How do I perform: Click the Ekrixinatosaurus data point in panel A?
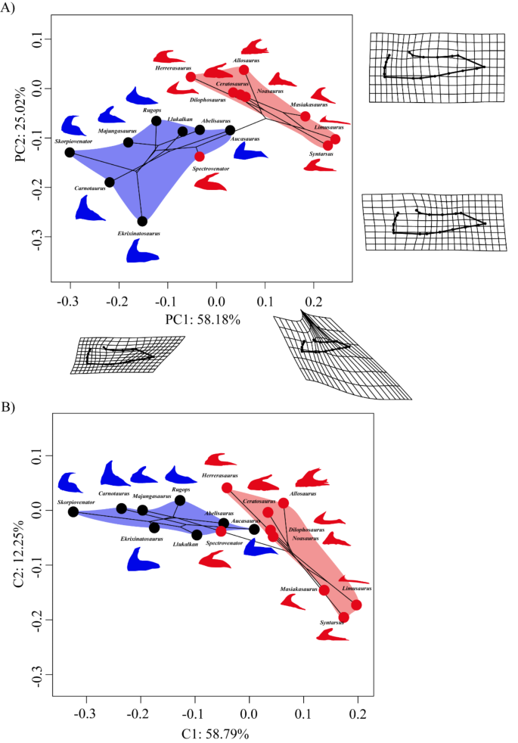(x=142, y=221)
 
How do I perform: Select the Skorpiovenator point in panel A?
(x=70, y=152)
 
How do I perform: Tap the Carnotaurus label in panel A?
(x=89, y=188)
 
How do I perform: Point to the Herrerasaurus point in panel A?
(x=191, y=76)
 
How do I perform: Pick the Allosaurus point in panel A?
(x=243, y=70)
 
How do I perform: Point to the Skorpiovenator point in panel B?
(x=73, y=511)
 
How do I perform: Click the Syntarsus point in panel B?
(x=343, y=617)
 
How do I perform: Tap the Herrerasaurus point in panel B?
(x=227, y=488)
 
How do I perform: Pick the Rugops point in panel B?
(x=179, y=500)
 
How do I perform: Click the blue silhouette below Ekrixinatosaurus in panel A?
(x=142, y=250)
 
